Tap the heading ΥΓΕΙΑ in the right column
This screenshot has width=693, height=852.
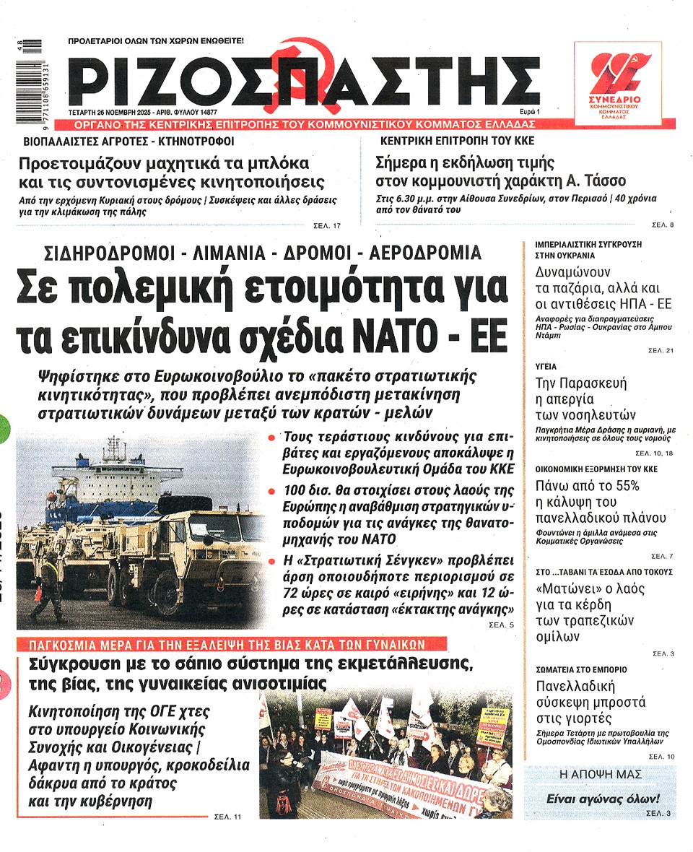[x=546, y=367]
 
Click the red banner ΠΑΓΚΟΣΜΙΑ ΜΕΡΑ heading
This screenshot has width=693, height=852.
[x=231, y=644]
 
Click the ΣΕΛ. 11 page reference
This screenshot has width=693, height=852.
[x=227, y=817]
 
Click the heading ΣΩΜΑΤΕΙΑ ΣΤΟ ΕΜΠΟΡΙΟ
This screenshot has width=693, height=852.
[x=580, y=669]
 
